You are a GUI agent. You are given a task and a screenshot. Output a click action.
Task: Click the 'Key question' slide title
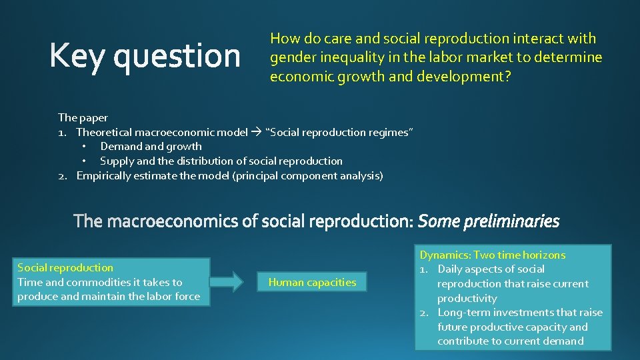(145, 56)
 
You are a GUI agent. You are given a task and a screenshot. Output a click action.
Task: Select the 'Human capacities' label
(312, 283)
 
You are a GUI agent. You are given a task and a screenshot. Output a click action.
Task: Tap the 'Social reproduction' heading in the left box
(65, 267)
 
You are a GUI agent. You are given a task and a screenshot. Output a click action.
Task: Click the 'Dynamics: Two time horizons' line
(492, 255)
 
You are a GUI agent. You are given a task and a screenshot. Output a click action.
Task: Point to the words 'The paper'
(83, 117)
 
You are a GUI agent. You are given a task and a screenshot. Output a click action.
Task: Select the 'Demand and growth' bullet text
(151, 146)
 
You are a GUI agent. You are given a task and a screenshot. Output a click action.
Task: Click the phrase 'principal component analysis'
(307, 175)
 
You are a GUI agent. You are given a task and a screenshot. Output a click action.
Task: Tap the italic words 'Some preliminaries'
(489, 221)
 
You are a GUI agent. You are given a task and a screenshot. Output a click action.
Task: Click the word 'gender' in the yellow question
(290, 57)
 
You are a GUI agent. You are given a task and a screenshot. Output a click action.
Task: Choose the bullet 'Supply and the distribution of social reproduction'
(221, 161)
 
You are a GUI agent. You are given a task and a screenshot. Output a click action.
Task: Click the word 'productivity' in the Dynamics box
(467, 298)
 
